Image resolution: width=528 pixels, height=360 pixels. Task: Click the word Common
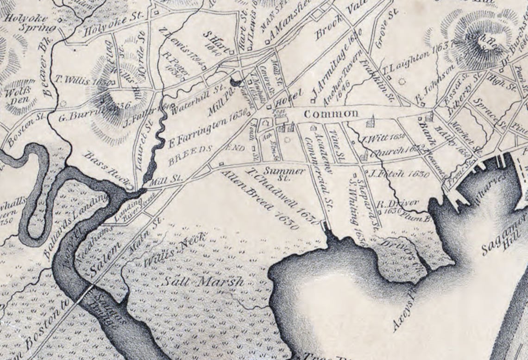[331, 114]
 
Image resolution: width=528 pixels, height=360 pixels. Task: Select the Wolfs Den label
[15, 95]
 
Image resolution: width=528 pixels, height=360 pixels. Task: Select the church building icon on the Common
[370, 122]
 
